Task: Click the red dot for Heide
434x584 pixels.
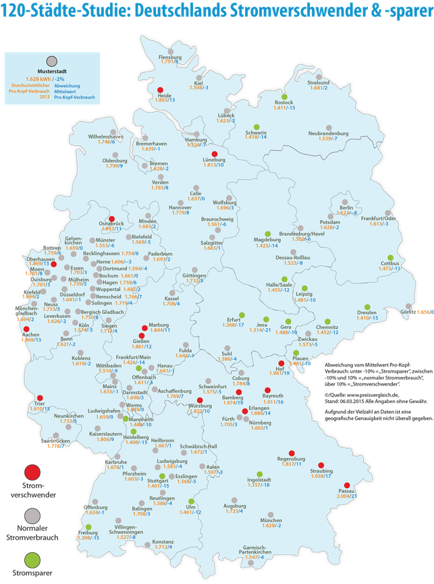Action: [x=160, y=89]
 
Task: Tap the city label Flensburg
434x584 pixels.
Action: [x=170, y=57]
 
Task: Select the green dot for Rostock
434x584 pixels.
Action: [x=285, y=97]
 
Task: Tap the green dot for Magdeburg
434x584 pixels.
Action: [x=267, y=234]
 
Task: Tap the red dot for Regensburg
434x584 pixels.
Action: [x=292, y=453]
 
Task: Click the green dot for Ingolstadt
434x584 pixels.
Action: [x=257, y=473]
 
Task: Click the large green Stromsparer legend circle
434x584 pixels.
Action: [x=30, y=560]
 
